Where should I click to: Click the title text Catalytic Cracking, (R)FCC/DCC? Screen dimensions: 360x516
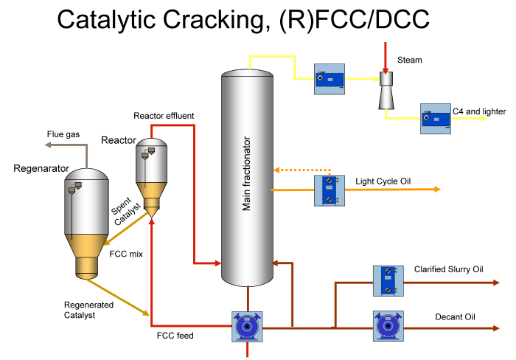point(243,20)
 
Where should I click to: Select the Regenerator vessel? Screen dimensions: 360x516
point(87,221)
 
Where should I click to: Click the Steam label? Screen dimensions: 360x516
point(410,60)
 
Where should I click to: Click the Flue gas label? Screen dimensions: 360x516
point(63,134)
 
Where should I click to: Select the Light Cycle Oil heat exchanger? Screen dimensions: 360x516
point(329,190)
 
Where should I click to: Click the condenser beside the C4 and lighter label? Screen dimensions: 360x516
point(435,118)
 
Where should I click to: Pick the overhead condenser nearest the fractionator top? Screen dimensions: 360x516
point(329,77)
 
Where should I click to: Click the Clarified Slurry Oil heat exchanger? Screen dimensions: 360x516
point(387,280)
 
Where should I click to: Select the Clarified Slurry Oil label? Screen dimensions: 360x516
point(449,269)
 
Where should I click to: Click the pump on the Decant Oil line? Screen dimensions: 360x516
point(387,325)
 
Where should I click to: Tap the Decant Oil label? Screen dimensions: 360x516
point(455,317)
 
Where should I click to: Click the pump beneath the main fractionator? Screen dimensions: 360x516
point(247,326)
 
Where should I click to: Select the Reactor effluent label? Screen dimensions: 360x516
point(164,116)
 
